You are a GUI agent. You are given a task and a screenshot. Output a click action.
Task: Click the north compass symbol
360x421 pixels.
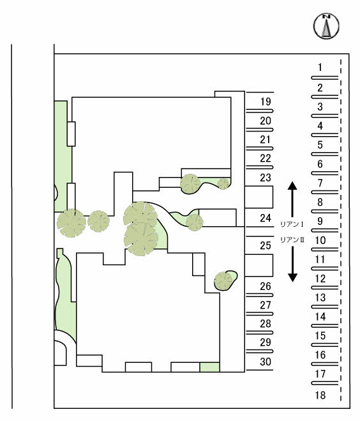(326, 26)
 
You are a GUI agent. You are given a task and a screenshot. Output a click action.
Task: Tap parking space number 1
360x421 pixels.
(320, 67)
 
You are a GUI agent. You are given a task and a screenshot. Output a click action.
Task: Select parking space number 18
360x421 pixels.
(320, 395)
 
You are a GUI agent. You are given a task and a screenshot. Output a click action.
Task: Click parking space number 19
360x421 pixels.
(266, 102)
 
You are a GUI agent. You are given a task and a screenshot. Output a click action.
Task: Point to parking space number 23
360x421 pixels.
(266, 178)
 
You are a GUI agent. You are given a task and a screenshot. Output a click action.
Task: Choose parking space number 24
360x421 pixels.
(266, 218)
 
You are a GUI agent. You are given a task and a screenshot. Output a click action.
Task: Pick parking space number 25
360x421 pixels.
(266, 245)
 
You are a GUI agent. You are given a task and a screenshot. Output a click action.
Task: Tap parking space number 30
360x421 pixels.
(266, 362)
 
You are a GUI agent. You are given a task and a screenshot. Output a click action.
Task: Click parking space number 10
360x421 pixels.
(320, 240)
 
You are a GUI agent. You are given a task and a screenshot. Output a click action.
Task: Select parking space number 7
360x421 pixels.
(320, 183)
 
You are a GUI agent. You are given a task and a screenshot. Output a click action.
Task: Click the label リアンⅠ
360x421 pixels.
(292, 224)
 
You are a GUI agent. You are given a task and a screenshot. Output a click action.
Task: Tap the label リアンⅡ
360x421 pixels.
(292, 240)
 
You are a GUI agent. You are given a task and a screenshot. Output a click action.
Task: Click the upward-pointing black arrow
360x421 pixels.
(292, 199)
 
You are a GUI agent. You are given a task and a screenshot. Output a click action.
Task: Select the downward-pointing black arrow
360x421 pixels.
(292, 264)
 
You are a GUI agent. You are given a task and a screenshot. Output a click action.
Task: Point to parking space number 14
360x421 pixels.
(320, 317)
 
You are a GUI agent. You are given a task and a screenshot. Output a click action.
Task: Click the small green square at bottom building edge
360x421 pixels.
(210, 367)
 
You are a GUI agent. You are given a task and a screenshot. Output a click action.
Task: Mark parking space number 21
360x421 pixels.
(266, 140)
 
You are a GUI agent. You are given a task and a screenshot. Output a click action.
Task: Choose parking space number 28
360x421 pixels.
(266, 324)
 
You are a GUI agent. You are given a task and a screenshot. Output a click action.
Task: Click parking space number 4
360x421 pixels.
(320, 126)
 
